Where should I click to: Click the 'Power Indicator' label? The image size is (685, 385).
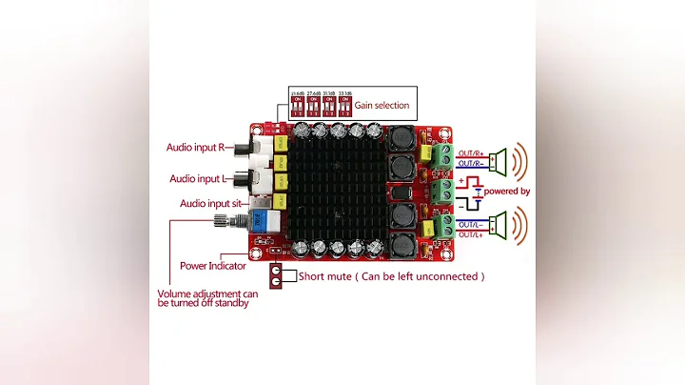pos(213,266)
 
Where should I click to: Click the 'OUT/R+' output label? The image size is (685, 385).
pos(470,153)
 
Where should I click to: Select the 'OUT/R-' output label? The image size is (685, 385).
pos(470,164)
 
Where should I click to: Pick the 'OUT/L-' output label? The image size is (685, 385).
pos(470,224)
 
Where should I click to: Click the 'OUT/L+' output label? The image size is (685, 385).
pos(470,234)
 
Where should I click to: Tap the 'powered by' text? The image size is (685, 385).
pos(507,192)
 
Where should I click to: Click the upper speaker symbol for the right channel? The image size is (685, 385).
pos(499,158)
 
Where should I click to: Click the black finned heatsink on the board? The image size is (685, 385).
pos(339,192)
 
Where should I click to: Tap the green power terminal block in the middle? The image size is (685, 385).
pos(440,193)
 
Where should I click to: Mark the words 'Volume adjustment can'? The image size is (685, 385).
pos(207,293)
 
